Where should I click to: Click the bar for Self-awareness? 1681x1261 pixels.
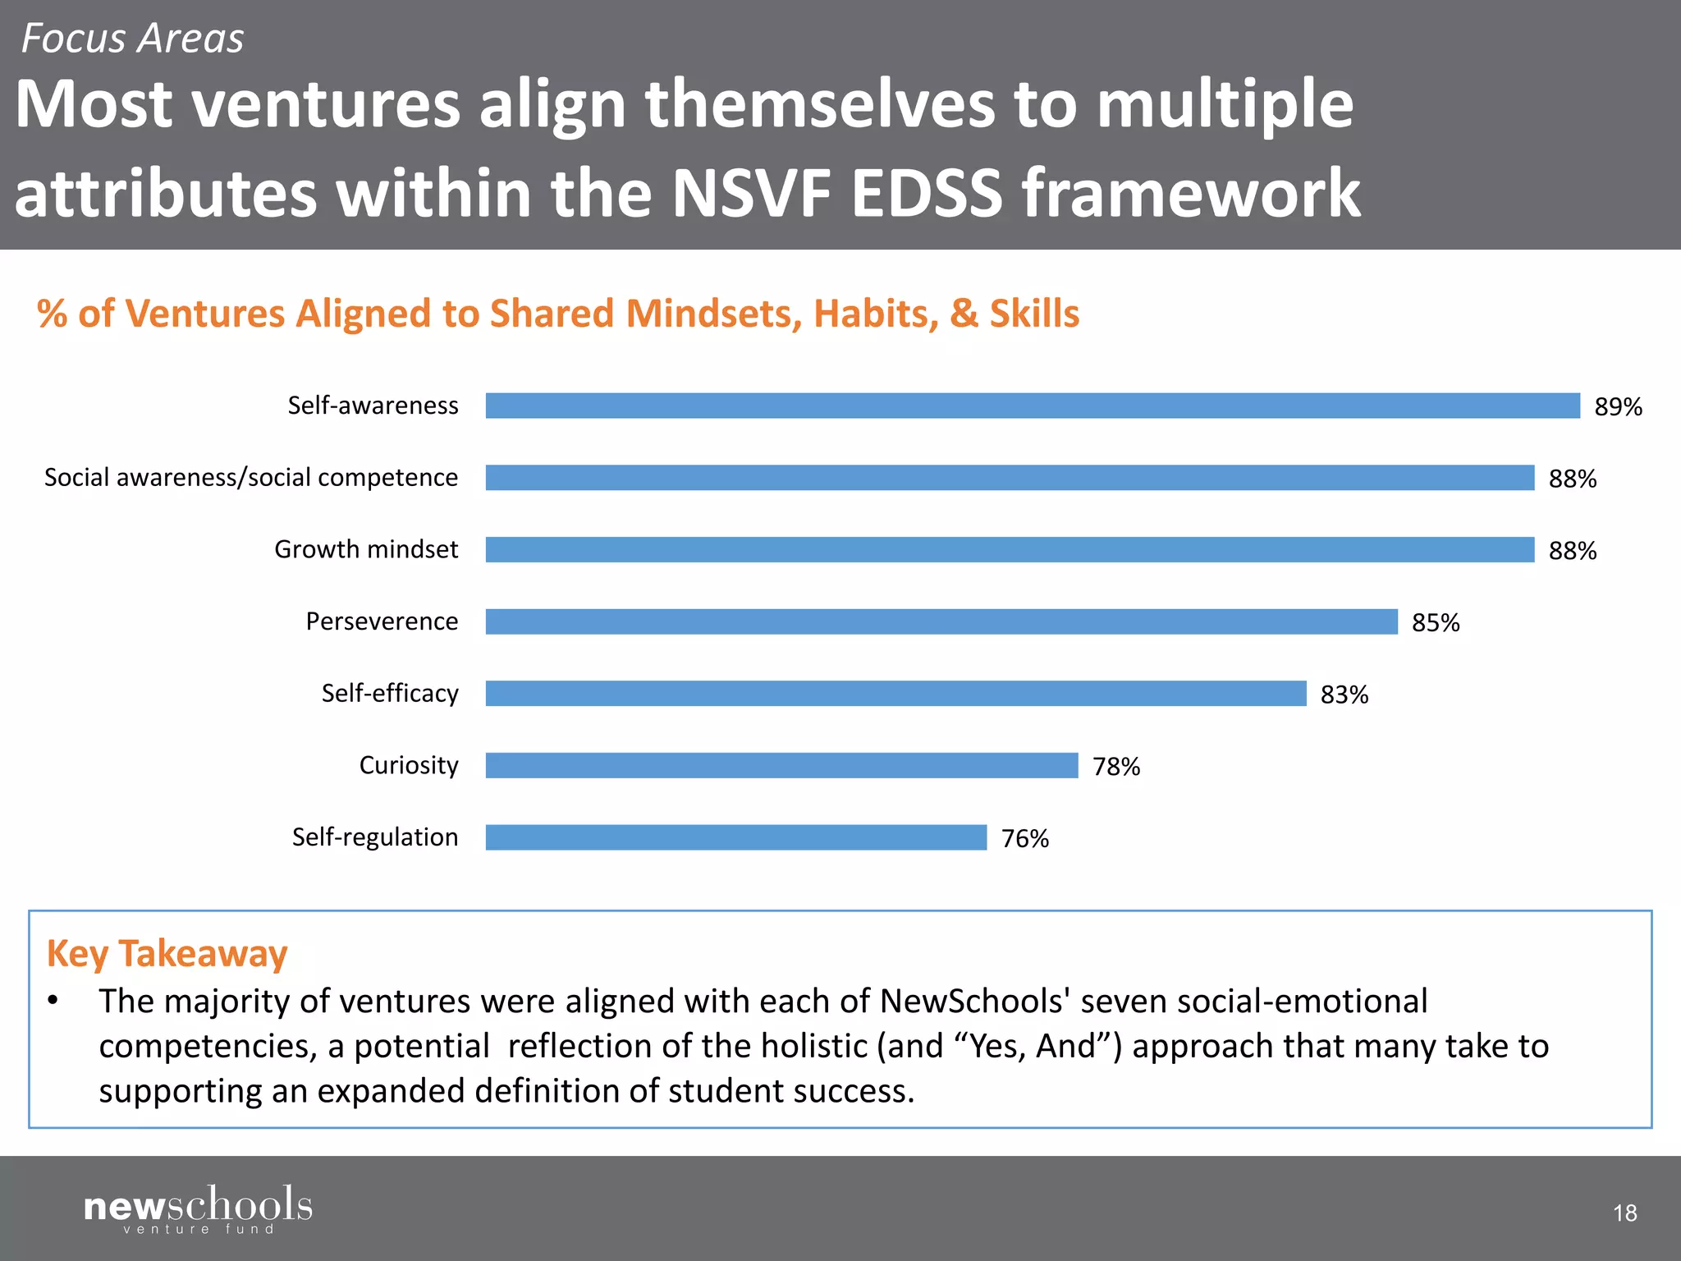[1032, 406]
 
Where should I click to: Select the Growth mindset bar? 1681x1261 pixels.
[1010, 549]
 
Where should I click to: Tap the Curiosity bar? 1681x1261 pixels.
[781, 765]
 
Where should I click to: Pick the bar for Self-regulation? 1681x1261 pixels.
[735, 837]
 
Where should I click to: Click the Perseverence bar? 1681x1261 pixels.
[941, 621]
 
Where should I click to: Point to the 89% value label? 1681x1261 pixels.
[1618, 407]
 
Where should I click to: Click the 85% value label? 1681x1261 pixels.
[1436, 623]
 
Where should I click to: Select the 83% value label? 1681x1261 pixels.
[1344, 695]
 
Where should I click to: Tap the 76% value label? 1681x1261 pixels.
[1024, 839]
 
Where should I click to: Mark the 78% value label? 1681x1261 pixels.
[1115, 767]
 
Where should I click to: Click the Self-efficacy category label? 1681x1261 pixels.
[390, 694]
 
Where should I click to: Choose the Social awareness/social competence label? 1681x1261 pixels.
[251, 478]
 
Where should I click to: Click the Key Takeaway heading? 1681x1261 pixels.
[167, 954]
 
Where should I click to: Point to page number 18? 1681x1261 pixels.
[1624, 1213]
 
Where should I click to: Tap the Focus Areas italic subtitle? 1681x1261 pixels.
[132, 39]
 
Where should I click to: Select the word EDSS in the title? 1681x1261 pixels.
[928, 194]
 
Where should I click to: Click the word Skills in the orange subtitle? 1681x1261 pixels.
[1034, 314]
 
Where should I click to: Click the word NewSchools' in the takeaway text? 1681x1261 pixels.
[974, 1002]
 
